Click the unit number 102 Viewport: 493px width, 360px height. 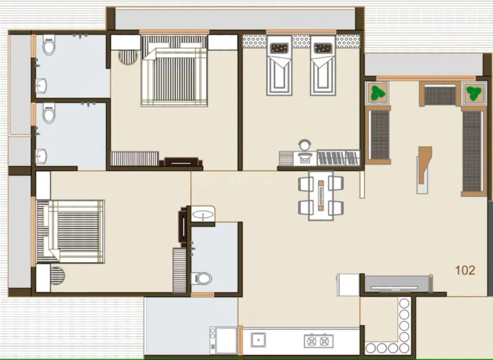465,270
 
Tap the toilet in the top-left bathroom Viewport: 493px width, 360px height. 49,45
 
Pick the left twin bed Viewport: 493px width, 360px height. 279,67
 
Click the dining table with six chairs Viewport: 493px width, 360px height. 321,195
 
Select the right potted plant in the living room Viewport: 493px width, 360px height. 472,93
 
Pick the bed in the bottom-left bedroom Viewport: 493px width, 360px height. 70,231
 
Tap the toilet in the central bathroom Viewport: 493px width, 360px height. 201,278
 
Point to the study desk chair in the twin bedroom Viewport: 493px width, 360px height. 305,144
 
